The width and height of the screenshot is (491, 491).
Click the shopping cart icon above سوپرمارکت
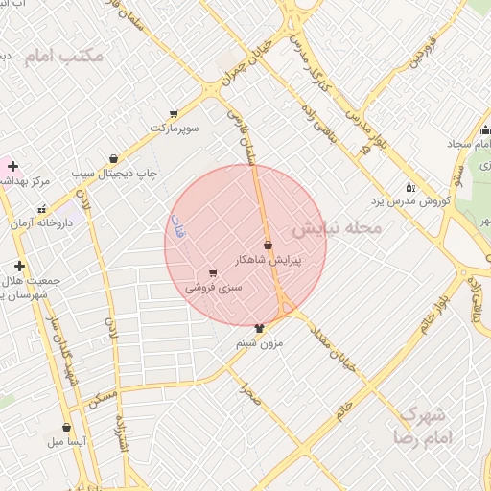tap(174, 113)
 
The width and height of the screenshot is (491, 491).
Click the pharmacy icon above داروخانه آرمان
tap(41, 208)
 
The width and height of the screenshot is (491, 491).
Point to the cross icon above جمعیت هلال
tap(18, 266)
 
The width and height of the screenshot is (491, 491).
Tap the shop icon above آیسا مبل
tap(66, 428)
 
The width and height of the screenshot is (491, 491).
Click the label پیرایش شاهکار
tap(269, 260)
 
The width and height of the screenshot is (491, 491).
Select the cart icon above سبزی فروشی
tap(212, 273)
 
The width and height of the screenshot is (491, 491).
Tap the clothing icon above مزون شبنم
tap(259, 328)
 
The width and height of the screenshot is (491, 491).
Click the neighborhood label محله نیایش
tap(337, 228)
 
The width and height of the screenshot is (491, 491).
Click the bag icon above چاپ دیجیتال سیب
tap(114, 159)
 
